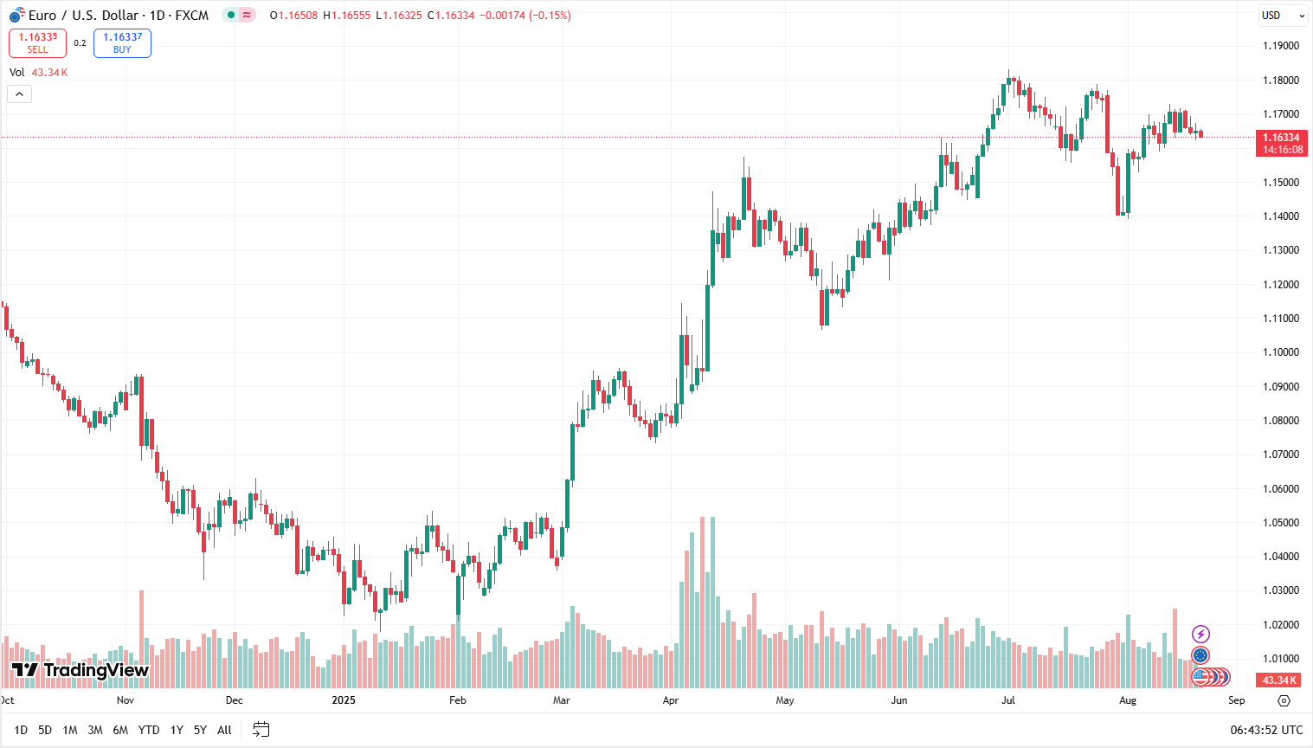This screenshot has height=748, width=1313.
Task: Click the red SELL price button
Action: (37, 42)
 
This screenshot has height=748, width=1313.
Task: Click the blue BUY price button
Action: (122, 42)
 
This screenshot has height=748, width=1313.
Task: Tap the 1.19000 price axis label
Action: (1280, 46)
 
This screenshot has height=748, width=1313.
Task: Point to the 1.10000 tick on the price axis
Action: (1280, 352)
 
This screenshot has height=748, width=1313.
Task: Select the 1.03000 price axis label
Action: (1280, 590)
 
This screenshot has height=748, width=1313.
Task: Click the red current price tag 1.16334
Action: (1281, 143)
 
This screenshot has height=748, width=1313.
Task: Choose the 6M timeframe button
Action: (120, 730)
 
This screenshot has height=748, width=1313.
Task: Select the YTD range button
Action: (149, 730)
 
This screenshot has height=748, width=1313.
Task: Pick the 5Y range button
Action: (200, 730)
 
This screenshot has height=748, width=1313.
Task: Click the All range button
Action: (224, 730)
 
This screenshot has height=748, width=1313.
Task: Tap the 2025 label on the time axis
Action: (344, 700)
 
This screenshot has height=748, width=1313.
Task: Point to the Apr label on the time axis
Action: (671, 700)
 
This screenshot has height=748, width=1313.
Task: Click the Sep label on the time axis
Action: (1236, 700)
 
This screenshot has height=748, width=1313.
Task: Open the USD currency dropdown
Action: (1282, 16)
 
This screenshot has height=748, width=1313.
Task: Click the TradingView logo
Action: (80, 670)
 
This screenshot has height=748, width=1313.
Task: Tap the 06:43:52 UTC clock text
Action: (1266, 730)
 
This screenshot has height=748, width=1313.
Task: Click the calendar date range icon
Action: (261, 730)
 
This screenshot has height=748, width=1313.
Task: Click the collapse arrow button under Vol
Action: (19, 93)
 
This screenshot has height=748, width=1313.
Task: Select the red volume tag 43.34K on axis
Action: (1279, 680)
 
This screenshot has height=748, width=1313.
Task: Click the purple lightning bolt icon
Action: (1200, 635)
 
